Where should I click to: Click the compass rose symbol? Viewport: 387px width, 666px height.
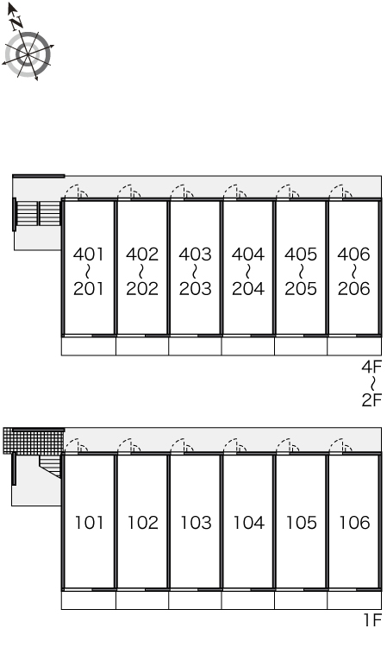tap(28, 55)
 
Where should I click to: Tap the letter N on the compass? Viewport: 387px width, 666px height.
tap(17, 23)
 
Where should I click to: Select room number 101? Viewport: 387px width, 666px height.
tap(89, 523)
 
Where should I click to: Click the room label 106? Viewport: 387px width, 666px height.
tap(354, 523)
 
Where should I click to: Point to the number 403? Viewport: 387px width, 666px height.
tap(195, 254)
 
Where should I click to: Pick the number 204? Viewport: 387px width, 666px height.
tap(248, 288)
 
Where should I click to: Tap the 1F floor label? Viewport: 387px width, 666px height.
tap(372, 620)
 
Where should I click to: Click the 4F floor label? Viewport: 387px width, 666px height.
tap(371, 366)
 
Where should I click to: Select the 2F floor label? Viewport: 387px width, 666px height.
tap(371, 399)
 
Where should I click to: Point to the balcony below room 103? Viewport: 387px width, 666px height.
tap(195, 600)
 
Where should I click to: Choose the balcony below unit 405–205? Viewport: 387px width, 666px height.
tap(301, 346)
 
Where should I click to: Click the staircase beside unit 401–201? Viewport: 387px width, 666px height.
tap(38, 213)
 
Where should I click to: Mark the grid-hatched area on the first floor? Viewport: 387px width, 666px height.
tap(34, 441)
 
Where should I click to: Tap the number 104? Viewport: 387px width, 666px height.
tap(249, 523)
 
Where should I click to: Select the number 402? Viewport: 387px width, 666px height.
tap(141, 254)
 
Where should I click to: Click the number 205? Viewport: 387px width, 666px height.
tap(301, 288)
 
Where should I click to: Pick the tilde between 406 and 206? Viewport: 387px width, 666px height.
tap(354, 271)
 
